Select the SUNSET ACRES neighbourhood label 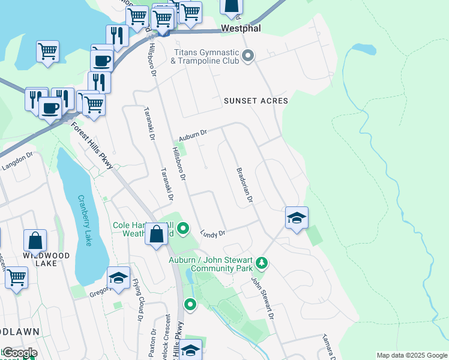(256, 101)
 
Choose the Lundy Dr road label (212, 233)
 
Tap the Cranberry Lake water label (85, 220)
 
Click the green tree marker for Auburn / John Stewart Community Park (261, 263)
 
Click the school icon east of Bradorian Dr (297, 218)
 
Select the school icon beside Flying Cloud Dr (118, 278)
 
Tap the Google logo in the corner (19, 352)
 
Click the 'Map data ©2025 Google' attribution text (411, 355)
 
